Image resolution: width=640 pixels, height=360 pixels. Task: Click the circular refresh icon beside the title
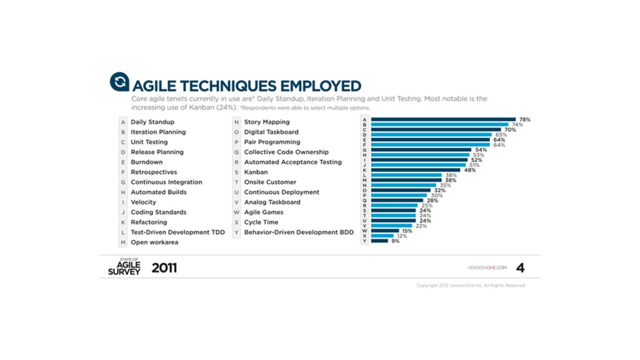click(x=119, y=82)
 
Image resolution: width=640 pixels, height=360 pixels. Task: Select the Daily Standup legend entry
click(x=152, y=122)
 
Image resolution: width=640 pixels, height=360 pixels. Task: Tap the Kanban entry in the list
click(x=256, y=172)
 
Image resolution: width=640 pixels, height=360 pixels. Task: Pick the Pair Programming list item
click(x=272, y=142)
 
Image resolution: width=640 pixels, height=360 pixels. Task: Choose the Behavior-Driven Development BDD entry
click(x=299, y=232)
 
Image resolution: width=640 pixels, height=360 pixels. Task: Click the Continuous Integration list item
click(x=166, y=182)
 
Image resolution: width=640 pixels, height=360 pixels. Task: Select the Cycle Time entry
click(x=261, y=222)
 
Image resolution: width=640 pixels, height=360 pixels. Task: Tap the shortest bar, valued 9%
click(x=379, y=241)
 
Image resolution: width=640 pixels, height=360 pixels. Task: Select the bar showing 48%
click(x=416, y=170)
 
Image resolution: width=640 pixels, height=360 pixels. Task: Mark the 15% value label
click(x=407, y=231)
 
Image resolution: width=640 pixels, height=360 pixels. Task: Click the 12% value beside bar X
click(x=401, y=236)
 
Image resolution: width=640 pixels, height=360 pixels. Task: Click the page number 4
click(x=520, y=268)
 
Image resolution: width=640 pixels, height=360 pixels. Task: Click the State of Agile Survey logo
click(x=124, y=267)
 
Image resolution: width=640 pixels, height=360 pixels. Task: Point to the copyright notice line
click(x=471, y=286)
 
